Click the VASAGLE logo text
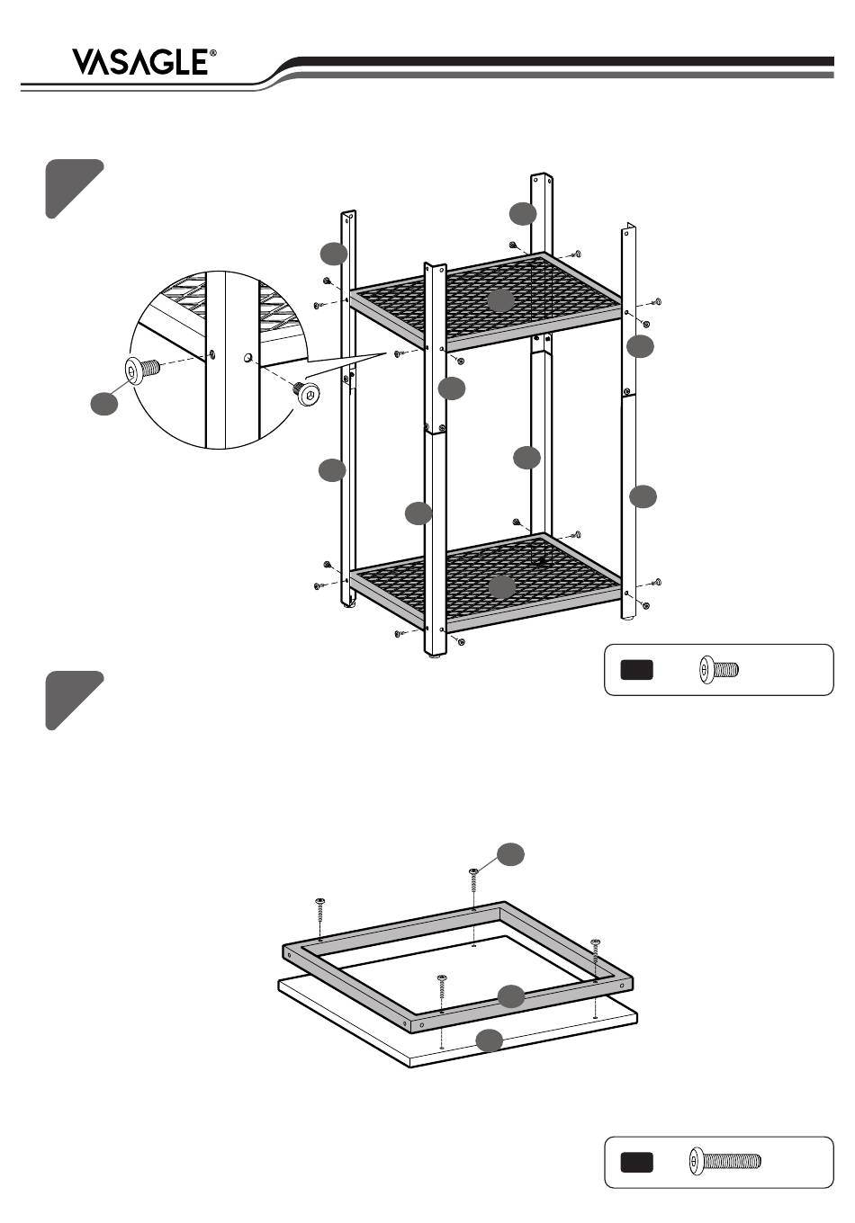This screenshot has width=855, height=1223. click(x=140, y=62)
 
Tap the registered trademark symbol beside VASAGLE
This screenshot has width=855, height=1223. click(x=213, y=52)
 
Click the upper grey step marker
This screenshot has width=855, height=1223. click(x=73, y=188)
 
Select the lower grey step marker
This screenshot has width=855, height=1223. click(x=73, y=700)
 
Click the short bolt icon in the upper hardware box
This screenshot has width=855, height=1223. click(x=719, y=669)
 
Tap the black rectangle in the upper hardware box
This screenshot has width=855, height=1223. click(x=636, y=670)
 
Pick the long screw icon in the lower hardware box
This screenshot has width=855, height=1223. click(x=725, y=1161)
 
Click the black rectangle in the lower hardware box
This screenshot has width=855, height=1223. click(x=636, y=1163)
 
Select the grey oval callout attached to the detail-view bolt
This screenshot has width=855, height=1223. click(x=103, y=404)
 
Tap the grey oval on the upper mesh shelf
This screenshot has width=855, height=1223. click(x=500, y=301)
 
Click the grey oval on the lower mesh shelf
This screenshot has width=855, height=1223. click(x=501, y=587)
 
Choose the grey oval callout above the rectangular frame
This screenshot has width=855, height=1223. click(x=511, y=854)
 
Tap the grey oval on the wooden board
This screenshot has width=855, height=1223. click(x=489, y=1040)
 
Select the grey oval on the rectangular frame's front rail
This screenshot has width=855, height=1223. click(x=511, y=996)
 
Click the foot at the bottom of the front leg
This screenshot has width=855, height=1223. click(x=436, y=658)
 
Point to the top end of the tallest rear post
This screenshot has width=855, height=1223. click(x=542, y=176)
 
